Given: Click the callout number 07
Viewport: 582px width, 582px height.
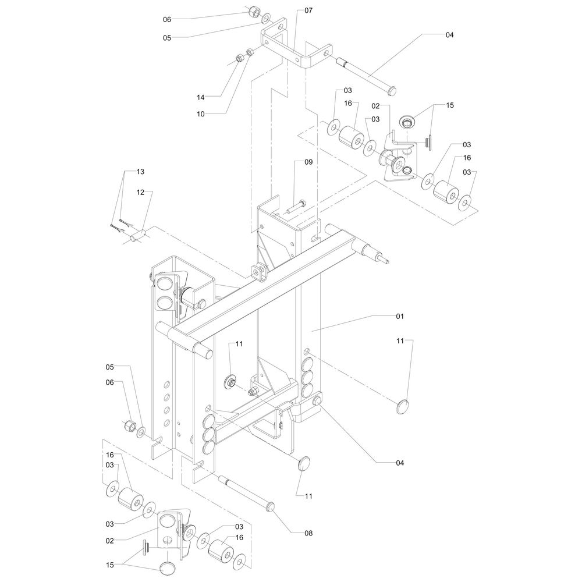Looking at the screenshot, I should point(308,10).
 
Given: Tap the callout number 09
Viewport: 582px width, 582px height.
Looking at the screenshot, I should point(308,162).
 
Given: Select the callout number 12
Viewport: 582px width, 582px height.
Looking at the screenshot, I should point(141,192).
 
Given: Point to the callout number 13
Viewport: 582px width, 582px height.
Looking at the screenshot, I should point(140,172).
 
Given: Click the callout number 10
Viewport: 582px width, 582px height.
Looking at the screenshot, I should point(201,114).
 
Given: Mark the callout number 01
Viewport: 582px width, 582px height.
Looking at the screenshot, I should point(400,316).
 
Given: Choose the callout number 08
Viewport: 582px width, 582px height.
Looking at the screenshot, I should point(308,533).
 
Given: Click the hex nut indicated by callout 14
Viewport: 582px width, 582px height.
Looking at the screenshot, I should point(239,58).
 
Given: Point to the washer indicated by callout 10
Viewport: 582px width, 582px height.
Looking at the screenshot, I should point(250,53).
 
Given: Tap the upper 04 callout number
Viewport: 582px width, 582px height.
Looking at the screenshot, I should point(449,35).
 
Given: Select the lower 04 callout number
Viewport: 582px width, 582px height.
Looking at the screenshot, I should point(400,463).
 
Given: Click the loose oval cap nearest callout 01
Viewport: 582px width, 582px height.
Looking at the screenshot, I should point(403,406).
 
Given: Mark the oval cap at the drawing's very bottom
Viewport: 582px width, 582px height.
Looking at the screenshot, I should point(167,568).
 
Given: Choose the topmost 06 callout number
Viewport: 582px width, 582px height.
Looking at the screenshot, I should point(167,19).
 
